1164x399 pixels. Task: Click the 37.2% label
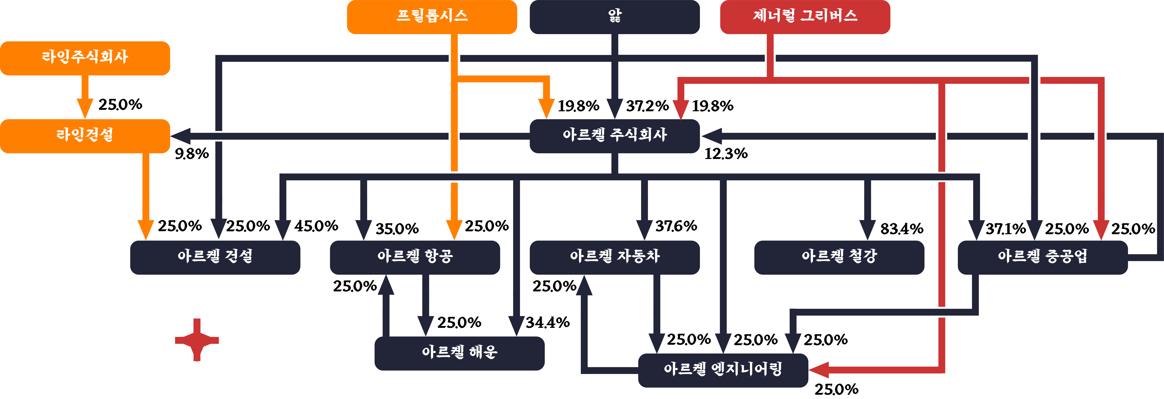tap(647, 106)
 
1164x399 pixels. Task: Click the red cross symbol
tap(197, 340)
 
